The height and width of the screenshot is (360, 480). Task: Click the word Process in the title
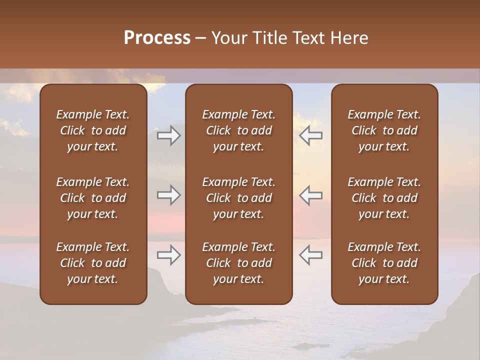[157, 38]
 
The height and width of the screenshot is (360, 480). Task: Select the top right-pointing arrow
[169, 135]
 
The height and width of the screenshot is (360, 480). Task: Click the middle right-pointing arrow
[169, 195]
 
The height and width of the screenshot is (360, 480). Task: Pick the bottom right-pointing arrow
[169, 255]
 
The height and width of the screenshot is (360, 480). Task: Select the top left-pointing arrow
[310, 135]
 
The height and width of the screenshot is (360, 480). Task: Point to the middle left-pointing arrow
[310, 195]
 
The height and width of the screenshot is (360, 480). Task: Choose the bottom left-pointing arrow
[310, 255]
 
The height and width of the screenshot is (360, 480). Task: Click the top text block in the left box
[93, 130]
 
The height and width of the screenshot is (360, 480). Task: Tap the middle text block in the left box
[93, 198]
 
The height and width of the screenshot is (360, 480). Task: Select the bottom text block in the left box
[93, 263]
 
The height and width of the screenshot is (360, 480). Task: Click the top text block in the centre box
[238, 130]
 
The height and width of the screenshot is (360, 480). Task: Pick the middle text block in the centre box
[238, 198]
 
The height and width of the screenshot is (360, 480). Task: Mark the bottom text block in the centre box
[238, 263]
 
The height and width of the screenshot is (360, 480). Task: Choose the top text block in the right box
[384, 130]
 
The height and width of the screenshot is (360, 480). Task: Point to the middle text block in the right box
[384, 198]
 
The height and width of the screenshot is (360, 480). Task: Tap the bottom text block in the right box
[384, 263]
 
